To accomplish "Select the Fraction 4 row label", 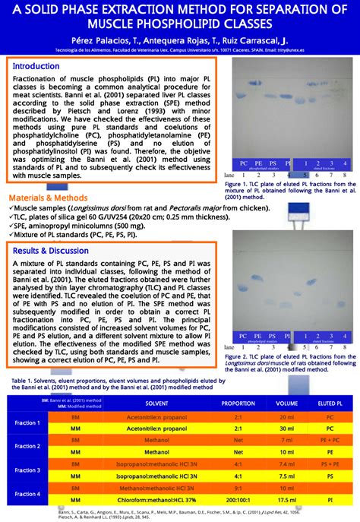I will (x=27, y=494).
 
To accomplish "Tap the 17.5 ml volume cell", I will (x=286, y=501).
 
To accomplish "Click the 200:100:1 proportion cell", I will (x=238, y=501).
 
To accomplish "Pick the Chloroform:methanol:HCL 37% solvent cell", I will (x=156, y=501).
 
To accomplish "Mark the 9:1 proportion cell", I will (x=238, y=489).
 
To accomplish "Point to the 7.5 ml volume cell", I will (x=286, y=475).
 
